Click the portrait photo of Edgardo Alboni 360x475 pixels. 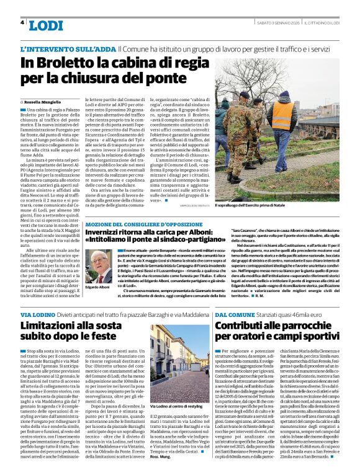(97, 266)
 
